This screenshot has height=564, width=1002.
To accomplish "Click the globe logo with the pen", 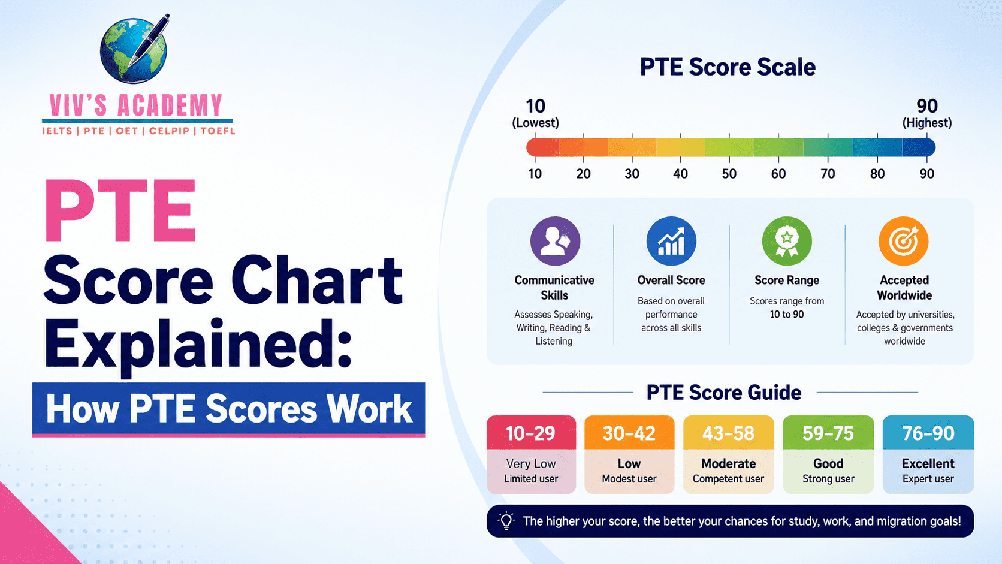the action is pyautogui.click(x=135, y=49).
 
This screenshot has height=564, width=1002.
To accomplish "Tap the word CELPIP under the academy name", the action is pyautogui.click(x=169, y=131).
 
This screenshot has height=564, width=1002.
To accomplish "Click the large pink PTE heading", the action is pyautogui.click(x=120, y=210).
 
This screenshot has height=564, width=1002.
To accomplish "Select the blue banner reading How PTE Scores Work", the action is pyautogui.click(x=229, y=409).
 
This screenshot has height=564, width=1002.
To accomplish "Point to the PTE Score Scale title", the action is pyautogui.click(x=728, y=67).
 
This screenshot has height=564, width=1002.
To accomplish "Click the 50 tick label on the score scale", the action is pyautogui.click(x=729, y=174).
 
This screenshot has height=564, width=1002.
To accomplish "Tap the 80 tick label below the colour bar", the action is pyautogui.click(x=877, y=174).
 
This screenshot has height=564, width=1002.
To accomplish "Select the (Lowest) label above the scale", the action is pyautogui.click(x=535, y=123).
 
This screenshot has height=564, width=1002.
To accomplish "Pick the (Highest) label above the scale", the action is pyautogui.click(x=927, y=123).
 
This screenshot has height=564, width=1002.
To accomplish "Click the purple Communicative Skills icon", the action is pyautogui.click(x=555, y=242).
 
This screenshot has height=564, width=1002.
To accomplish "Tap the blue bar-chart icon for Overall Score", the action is pyautogui.click(x=671, y=242).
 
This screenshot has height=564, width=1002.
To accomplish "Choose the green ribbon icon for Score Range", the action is pyautogui.click(x=787, y=242).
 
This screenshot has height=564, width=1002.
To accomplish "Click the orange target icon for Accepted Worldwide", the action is pyautogui.click(x=904, y=242).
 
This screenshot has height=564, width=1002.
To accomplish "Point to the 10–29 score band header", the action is pyautogui.click(x=531, y=433).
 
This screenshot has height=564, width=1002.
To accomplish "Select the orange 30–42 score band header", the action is pyautogui.click(x=629, y=433).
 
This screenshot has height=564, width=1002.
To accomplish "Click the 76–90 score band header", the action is pyautogui.click(x=928, y=433).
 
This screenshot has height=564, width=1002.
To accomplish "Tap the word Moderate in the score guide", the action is pyautogui.click(x=728, y=463).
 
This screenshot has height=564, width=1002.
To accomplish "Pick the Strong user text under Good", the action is pyautogui.click(x=828, y=479).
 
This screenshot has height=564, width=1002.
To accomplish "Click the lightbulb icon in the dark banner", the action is pyautogui.click(x=506, y=521).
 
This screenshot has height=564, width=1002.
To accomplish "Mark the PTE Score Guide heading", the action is pyautogui.click(x=724, y=393).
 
